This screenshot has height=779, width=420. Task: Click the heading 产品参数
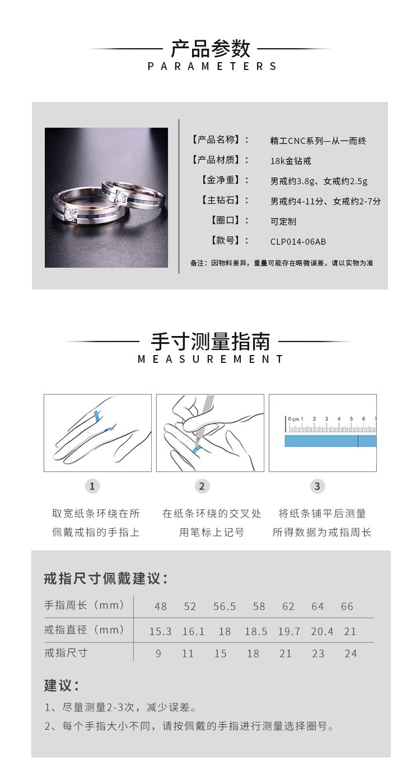(x=210, y=49)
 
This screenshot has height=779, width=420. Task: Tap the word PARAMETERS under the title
(x=212, y=67)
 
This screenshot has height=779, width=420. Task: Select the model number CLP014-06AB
(x=298, y=242)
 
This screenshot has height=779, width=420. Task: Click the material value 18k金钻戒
(x=291, y=161)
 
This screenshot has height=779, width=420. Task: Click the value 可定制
(x=283, y=221)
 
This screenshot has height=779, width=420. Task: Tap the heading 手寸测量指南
(x=210, y=341)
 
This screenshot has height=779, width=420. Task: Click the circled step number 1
(x=92, y=486)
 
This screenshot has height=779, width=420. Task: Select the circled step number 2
(x=202, y=486)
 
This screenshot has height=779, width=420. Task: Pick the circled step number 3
(x=318, y=486)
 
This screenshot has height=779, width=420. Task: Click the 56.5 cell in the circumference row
(x=225, y=607)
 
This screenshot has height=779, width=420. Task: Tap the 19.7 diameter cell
(x=289, y=631)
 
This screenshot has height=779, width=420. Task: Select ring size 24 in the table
(x=351, y=654)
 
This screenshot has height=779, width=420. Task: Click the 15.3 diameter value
(x=160, y=631)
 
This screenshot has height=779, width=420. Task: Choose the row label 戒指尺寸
(x=66, y=653)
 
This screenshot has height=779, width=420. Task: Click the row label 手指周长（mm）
(x=85, y=605)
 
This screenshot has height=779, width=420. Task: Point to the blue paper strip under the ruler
(x=330, y=441)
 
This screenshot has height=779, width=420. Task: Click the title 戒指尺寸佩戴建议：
(x=106, y=579)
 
